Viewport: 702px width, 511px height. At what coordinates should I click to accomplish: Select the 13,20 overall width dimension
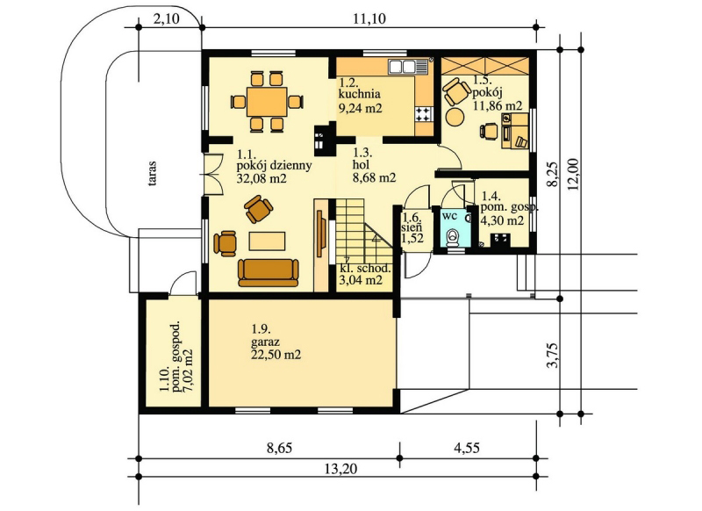340,469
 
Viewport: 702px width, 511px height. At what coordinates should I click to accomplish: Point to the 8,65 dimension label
280,448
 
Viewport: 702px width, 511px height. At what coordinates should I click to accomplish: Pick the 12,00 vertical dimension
574,174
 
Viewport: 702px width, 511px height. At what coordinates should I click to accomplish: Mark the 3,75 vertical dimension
553,355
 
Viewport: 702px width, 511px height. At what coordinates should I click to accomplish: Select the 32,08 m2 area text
261,179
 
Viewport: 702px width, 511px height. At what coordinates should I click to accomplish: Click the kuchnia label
360,94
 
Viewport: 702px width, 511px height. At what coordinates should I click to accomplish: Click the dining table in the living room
267,102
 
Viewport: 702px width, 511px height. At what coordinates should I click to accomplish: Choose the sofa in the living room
269,272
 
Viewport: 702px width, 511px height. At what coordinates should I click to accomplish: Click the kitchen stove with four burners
424,114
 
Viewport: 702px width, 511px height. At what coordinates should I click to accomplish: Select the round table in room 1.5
455,118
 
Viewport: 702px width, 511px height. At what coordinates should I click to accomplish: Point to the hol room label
362,165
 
